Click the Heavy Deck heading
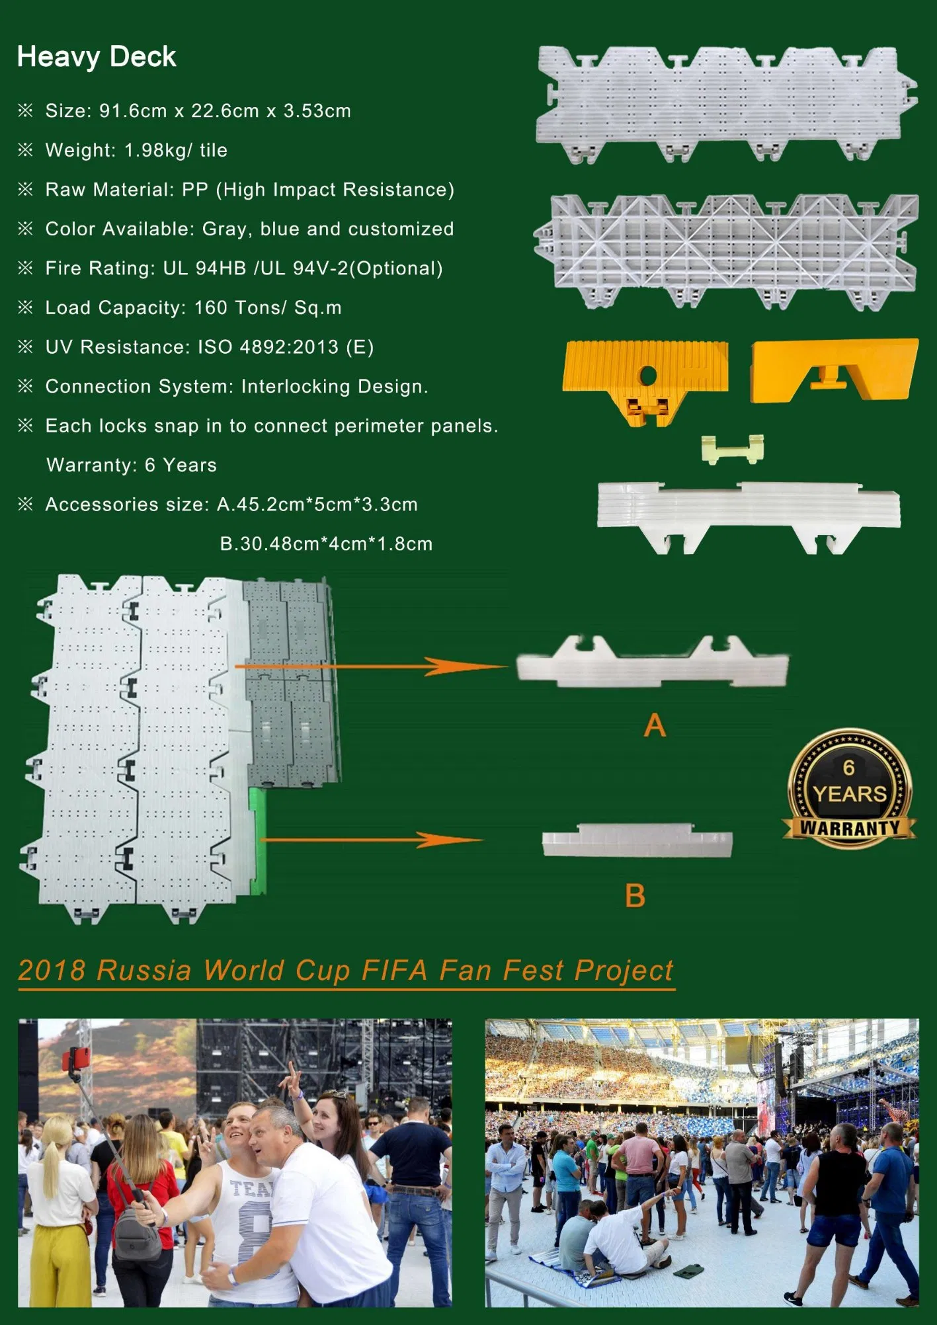(x=97, y=58)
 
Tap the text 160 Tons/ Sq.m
(x=268, y=308)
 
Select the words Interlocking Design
(x=335, y=387)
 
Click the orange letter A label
(x=655, y=725)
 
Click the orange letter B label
(x=635, y=896)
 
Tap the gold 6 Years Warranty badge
(x=850, y=789)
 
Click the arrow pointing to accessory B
(x=372, y=840)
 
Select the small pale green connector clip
(x=733, y=449)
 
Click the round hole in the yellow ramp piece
(x=648, y=376)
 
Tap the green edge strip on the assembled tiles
(x=259, y=840)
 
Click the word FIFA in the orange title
(x=395, y=971)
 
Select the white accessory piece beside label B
(x=637, y=841)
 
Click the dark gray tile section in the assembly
(x=291, y=681)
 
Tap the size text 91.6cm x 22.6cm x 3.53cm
(x=225, y=111)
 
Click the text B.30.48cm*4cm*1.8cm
(x=326, y=544)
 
